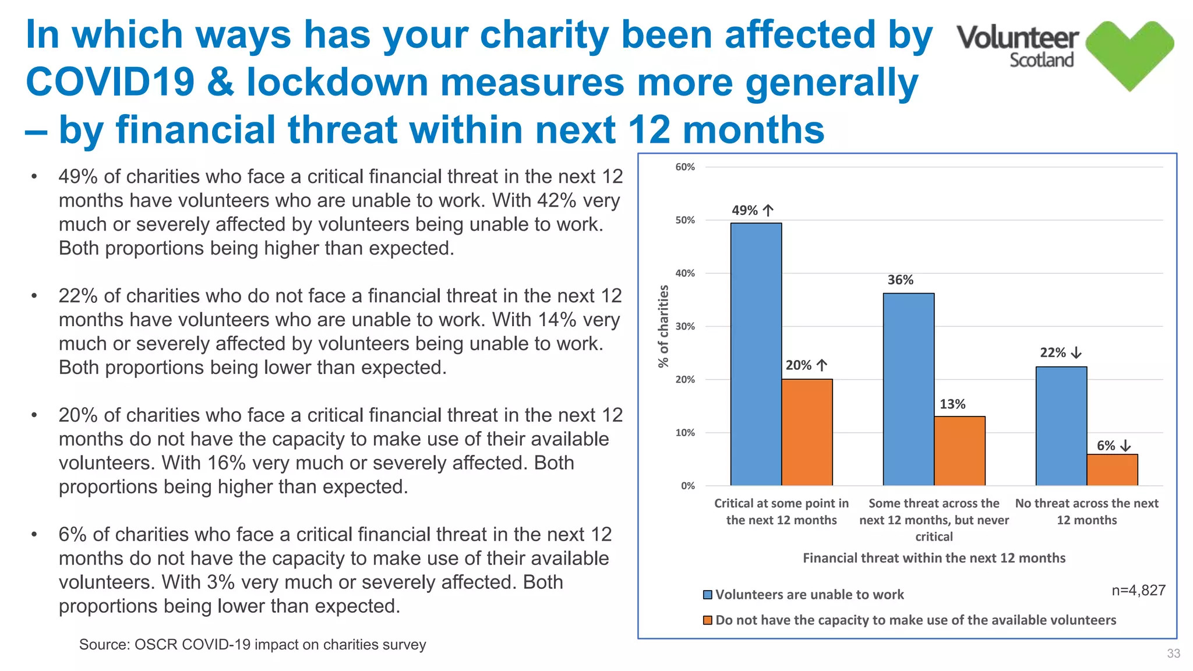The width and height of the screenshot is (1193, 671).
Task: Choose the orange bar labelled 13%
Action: pyautogui.click(x=959, y=451)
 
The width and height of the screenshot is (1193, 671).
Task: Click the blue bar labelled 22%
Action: pyautogui.click(x=1061, y=426)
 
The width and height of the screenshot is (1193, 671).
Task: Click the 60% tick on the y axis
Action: pyautogui.click(x=685, y=167)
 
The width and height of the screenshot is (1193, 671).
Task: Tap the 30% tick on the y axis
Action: pyautogui.click(x=685, y=327)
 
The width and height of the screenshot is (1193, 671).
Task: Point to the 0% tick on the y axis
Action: pyautogui.click(x=687, y=486)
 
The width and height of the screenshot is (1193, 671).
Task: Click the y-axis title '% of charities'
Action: pyautogui.click(x=663, y=326)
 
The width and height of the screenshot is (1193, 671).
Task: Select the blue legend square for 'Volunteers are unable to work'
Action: pyautogui.click(x=708, y=595)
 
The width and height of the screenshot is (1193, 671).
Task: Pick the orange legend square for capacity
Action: pyautogui.click(x=708, y=620)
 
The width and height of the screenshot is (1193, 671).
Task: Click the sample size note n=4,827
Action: pyautogui.click(x=1138, y=591)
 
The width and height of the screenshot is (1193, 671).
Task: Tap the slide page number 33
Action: pyautogui.click(x=1173, y=654)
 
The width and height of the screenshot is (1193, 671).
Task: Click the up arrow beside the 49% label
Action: pyautogui.click(x=768, y=210)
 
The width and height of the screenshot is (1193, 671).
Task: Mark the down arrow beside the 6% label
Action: pyautogui.click(x=1125, y=446)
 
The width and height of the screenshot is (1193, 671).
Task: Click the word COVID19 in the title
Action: pyautogui.click(x=110, y=82)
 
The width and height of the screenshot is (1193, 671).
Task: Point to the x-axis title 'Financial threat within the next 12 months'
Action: pyautogui.click(x=934, y=558)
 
